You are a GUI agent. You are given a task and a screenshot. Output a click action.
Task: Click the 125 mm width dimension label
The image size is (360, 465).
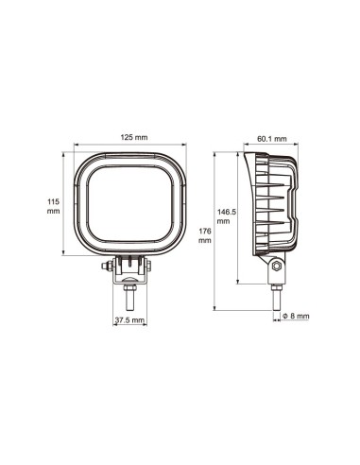(134, 139)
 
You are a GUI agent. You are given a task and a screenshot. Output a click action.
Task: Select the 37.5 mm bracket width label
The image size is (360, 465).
(129, 319)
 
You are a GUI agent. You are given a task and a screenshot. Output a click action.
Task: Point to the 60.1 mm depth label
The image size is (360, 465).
(272, 139)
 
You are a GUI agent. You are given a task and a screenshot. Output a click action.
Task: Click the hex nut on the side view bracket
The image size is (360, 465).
(275, 268)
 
